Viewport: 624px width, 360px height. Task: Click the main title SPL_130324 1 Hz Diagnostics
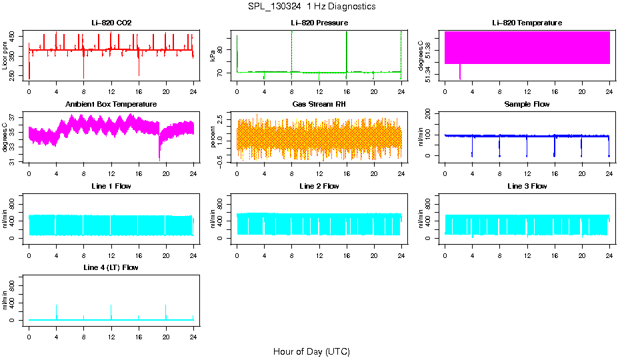pyautogui.click(x=311, y=7)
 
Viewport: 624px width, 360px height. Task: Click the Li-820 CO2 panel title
pyautogui.click(x=111, y=23)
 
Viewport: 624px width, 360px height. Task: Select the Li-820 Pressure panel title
pyautogui.click(x=319, y=23)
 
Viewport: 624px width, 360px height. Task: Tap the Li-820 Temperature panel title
pyautogui.click(x=527, y=23)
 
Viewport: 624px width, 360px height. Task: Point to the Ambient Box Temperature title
pyautogui.click(x=111, y=105)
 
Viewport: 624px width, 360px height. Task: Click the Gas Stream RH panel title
pyautogui.click(x=319, y=105)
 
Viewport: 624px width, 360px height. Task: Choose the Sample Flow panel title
pyautogui.click(x=527, y=105)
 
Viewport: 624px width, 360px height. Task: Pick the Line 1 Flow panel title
pyautogui.click(x=111, y=186)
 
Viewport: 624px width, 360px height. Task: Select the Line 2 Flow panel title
pyautogui.click(x=319, y=186)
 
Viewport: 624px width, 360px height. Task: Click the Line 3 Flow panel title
pyautogui.click(x=527, y=186)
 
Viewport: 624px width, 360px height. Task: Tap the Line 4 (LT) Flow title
pyautogui.click(x=111, y=267)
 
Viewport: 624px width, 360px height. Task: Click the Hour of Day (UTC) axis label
pyautogui.click(x=311, y=351)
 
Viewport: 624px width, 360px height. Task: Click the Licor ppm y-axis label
pyautogui.click(x=5, y=56)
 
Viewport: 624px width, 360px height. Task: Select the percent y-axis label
pyautogui.click(x=213, y=137)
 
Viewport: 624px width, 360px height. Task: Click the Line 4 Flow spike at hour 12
pyautogui.click(x=111, y=307)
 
